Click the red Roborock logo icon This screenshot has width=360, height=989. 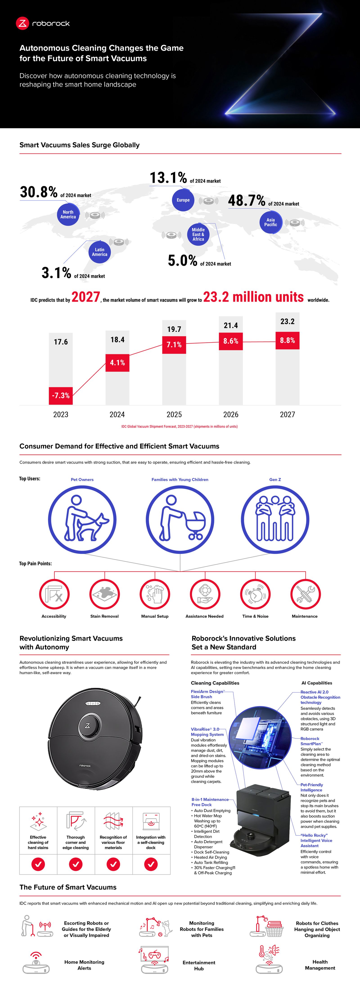click(x=22, y=23)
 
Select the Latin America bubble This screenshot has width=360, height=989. click(x=99, y=252)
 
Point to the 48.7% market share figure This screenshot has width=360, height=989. click(x=246, y=200)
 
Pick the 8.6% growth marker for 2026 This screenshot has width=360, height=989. click(x=231, y=341)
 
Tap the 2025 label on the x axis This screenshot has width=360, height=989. click(x=174, y=414)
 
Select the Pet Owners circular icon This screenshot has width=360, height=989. click(x=82, y=519)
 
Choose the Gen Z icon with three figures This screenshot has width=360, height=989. click(x=275, y=519)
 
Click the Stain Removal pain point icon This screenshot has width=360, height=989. click(x=104, y=594)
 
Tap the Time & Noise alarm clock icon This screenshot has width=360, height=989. click(x=255, y=594)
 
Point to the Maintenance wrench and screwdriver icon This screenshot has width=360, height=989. click(x=305, y=594)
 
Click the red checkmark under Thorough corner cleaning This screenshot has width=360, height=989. click(x=76, y=864)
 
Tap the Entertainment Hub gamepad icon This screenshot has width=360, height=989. click(x=154, y=959)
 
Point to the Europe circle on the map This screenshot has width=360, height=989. click(x=183, y=200)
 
